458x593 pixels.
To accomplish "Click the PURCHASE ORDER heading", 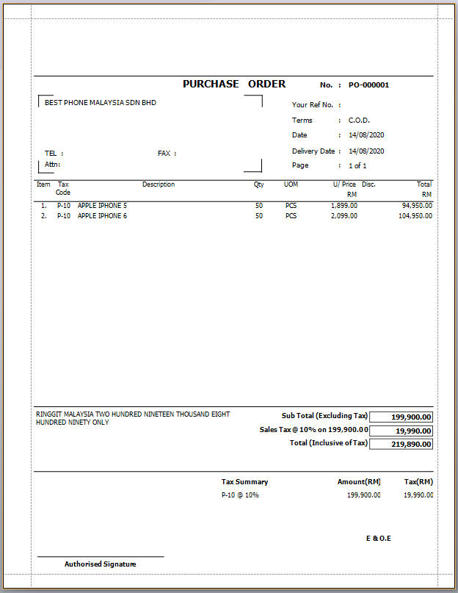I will coord(234,85).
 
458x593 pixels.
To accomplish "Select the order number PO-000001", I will coord(368,85).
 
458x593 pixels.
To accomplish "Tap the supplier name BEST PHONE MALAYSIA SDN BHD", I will coord(101,103).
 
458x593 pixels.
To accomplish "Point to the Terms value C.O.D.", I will coord(359,121).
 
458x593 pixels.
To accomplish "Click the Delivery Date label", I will coord(313,151).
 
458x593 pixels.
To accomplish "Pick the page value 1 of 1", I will coord(357,166).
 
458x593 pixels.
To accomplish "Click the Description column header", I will coord(159,184).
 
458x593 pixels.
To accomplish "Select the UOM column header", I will coord(291,184).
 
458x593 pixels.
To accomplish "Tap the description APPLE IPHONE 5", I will coord(102,206).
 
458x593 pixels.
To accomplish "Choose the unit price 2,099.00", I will coord(344,216).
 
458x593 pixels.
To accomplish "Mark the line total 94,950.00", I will coord(417,206).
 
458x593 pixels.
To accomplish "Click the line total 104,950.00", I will coord(415,216).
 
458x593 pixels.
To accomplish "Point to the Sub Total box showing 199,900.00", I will coord(401,417).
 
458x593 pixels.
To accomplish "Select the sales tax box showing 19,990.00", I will coord(401,431).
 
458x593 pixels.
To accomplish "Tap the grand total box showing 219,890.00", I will coord(401,444).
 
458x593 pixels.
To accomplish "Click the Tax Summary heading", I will coord(244,482).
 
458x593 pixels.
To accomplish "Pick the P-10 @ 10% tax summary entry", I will coord(240,495).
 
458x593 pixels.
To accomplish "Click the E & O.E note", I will coord(379,539).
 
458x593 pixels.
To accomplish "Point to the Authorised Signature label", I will coord(100,564).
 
